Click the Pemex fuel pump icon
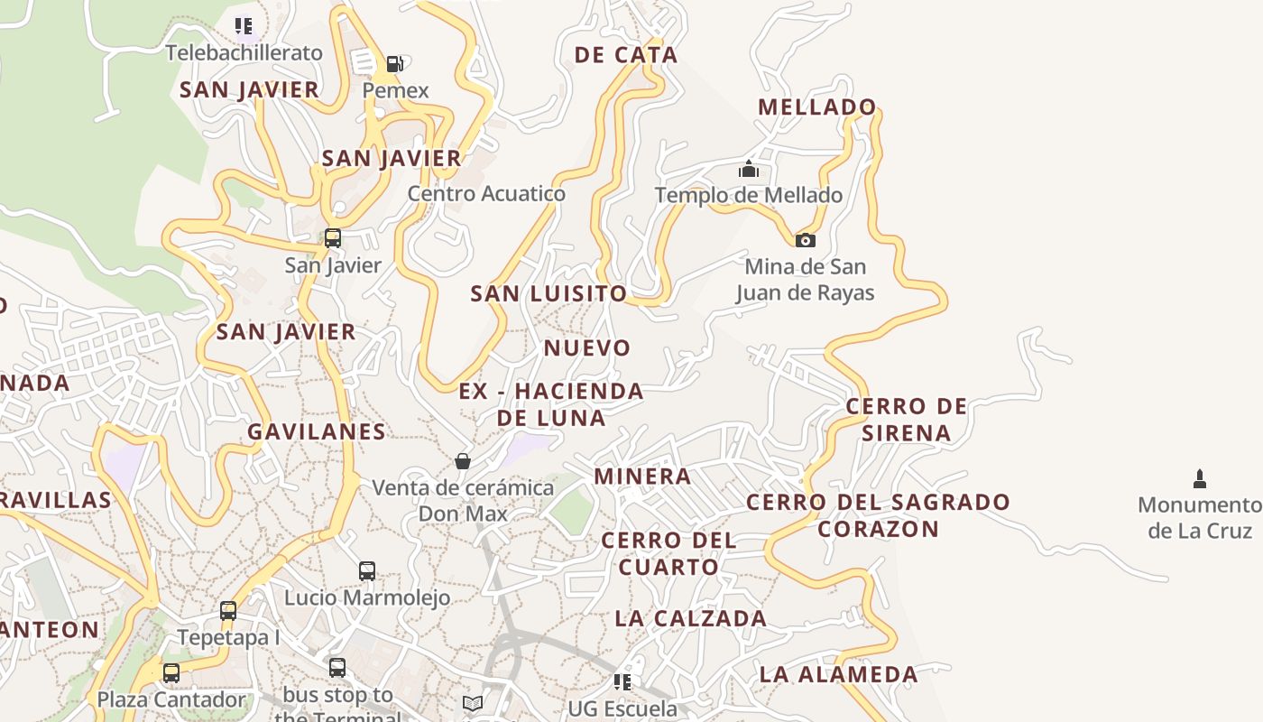tap(394, 64)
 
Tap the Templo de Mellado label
tap(749, 195)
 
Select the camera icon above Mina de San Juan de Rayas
tap(805, 240)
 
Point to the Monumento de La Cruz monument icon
tap(1200, 478)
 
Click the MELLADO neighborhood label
tap(817, 107)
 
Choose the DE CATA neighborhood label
tap(626, 55)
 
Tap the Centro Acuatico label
tap(486, 193)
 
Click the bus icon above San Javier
tap(333, 238)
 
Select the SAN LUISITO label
tap(549, 293)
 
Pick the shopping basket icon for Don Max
tap(463, 461)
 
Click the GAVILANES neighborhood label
tap(317, 431)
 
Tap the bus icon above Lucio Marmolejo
tap(367, 570)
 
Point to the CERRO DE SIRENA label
tap(906, 420)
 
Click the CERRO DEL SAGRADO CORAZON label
tap(879, 514)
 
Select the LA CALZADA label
tap(691, 618)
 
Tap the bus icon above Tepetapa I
tap(228, 610)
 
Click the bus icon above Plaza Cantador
tap(171, 672)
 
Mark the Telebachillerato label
tap(244, 52)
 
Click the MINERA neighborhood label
tap(642, 477)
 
